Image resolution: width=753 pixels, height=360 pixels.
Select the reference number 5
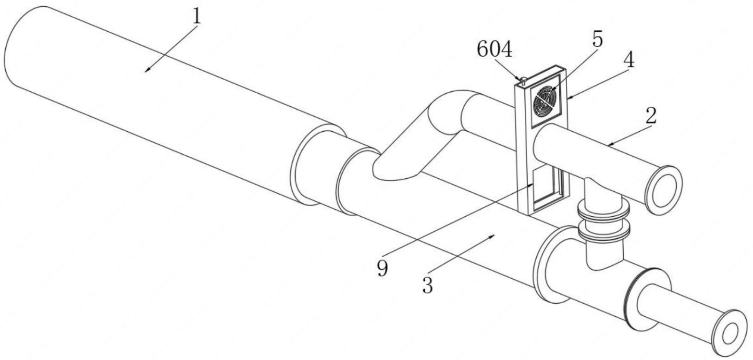click(x=597, y=40)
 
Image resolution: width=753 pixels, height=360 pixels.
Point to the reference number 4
click(x=629, y=61)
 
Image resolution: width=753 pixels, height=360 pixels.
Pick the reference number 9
click(x=382, y=268)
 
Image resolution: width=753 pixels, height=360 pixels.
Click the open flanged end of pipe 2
click(x=666, y=189)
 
